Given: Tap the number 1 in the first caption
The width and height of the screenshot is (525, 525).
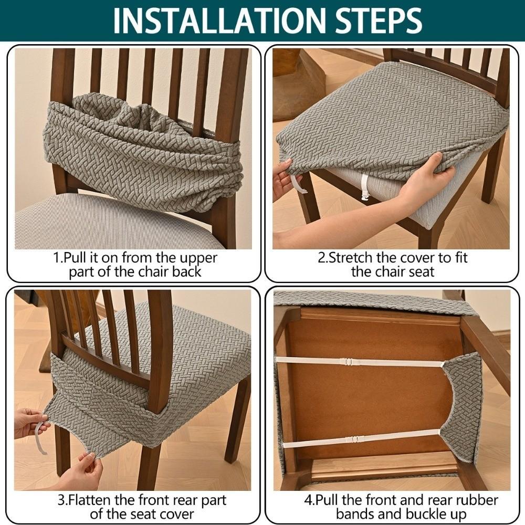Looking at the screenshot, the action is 57,258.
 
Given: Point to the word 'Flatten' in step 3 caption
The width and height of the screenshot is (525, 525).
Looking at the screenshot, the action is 88,500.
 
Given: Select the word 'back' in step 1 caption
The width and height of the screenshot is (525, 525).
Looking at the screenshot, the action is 187,271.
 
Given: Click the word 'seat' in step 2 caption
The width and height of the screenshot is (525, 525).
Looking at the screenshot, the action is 419,271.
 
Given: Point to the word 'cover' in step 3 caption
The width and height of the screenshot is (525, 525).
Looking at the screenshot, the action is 176,514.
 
